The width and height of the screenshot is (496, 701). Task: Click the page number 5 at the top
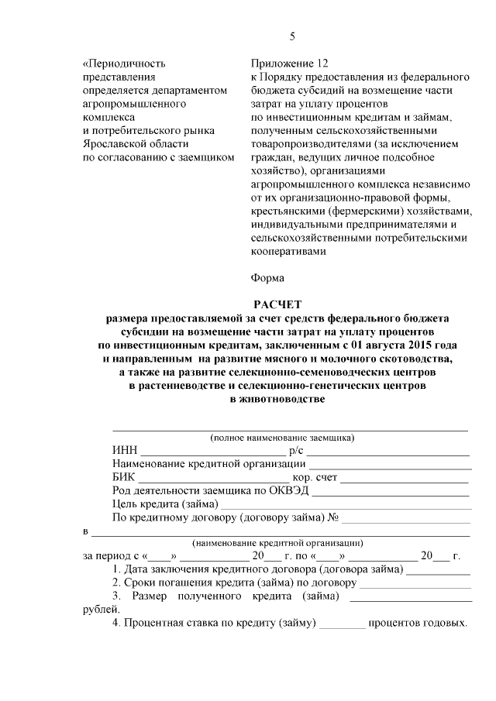(292, 36)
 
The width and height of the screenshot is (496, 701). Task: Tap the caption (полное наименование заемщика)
(282, 438)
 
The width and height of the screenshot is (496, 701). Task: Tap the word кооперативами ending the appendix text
(288, 250)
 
